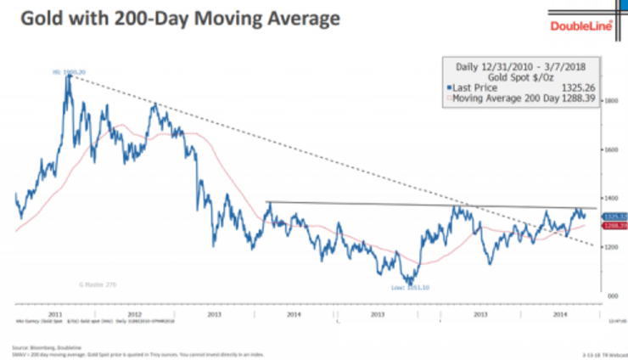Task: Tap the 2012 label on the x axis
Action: (x=133, y=314)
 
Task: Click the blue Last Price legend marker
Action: (x=448, y=87)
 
